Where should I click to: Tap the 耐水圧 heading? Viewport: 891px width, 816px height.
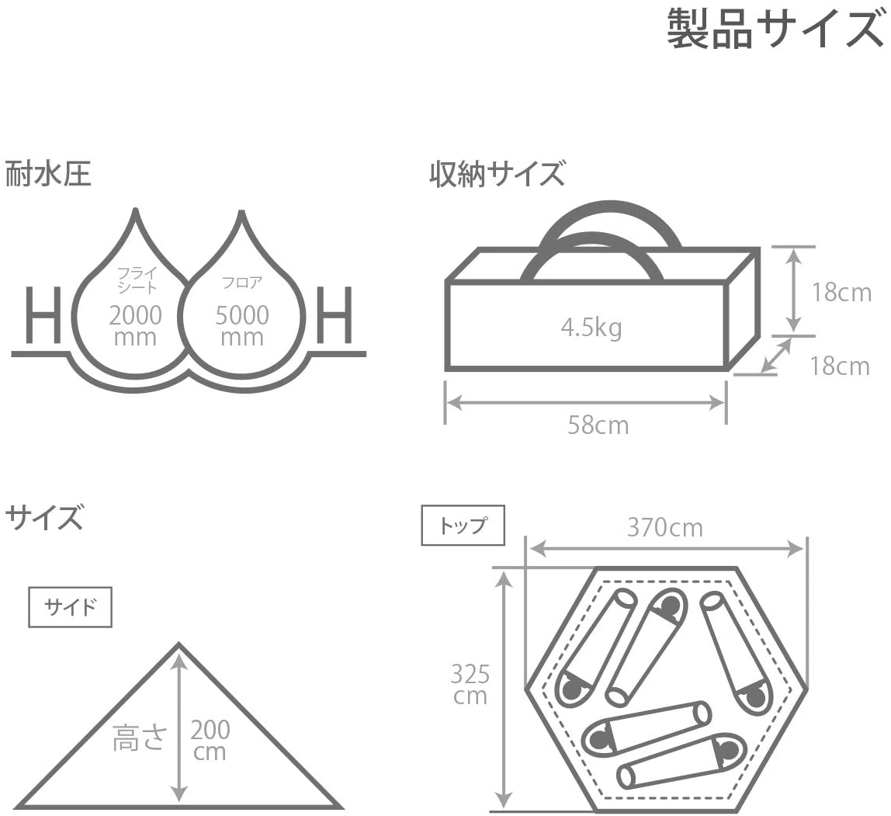point(48,173)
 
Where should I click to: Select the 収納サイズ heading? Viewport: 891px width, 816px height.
point(498,173)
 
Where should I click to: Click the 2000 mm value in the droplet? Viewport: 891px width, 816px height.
point(135,325)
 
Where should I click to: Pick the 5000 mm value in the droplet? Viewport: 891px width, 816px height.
point(242,325)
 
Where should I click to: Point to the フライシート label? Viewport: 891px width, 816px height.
point(137,280)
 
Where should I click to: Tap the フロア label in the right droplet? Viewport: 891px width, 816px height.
point(242,283)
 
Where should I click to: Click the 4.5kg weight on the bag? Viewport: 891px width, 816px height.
point(591,328)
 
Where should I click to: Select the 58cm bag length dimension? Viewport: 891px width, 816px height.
point(598,425)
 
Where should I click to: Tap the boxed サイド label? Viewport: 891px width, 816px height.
point(70,607)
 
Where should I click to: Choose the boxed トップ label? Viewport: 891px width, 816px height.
point(463,525)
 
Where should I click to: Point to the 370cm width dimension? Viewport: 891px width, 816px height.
point(665,528)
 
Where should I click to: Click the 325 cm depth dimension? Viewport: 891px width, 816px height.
point(470,686)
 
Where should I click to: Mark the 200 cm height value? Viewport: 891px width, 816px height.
point(210,741)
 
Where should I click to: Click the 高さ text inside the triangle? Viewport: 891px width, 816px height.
point(139,737)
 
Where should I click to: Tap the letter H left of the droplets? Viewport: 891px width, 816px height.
point(43,314)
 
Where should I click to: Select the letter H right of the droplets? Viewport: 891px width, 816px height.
point(334,314)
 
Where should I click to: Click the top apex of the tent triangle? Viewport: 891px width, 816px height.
point(179,644)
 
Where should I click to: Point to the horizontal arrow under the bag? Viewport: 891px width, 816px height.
point(585,403)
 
